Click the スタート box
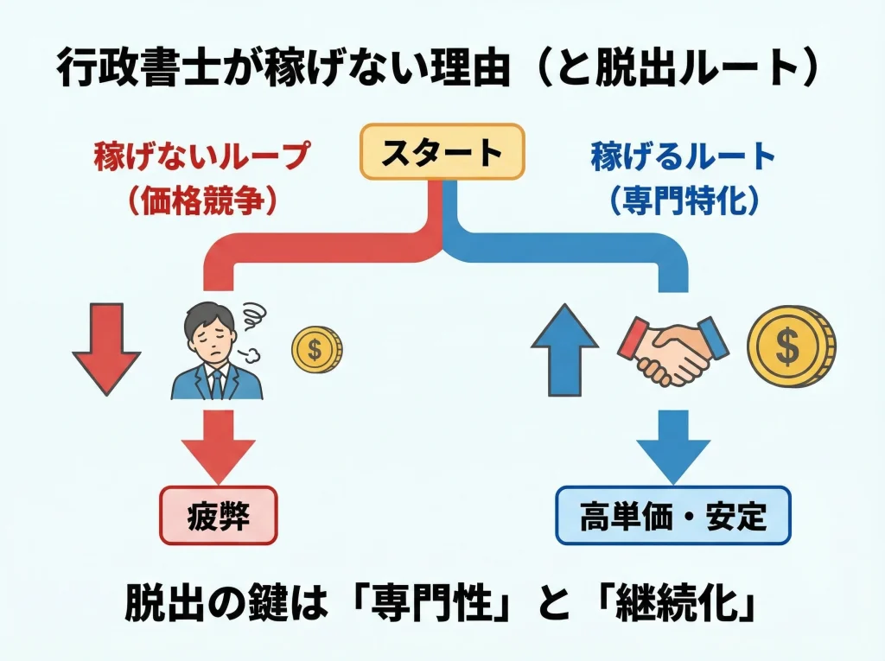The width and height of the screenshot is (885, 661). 442,152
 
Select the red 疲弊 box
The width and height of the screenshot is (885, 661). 218,517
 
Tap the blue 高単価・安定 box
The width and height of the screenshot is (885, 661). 672,516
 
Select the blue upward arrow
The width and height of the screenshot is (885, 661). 564,349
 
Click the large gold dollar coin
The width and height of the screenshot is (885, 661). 790,347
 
